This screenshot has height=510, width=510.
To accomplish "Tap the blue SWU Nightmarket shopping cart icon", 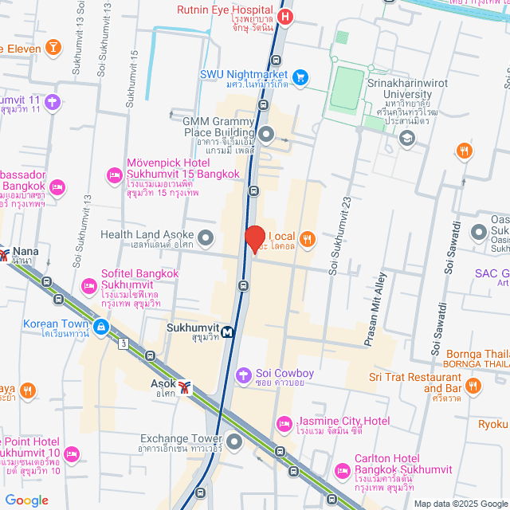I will pos(300,77).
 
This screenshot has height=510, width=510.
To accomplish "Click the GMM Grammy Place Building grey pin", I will pos(266,133).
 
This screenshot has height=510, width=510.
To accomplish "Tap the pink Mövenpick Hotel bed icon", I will pos(114,174).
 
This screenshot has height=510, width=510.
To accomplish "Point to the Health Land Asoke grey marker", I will pos(206,237).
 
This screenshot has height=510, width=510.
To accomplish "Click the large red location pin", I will pos(254,239).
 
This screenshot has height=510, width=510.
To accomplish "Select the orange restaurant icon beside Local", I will pos(306,237).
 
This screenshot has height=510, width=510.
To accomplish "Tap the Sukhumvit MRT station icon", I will pos(228,332).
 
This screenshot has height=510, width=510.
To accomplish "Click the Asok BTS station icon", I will pos(186,387).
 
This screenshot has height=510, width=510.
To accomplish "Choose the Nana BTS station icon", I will pos(5,256).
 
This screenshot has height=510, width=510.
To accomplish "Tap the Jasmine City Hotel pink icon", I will pos(283,423).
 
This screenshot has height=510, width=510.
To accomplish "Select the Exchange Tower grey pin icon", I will pos(233,441).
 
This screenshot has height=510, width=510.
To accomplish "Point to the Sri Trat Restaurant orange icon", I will pos(474,386).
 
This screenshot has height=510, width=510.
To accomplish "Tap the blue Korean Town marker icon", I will pos(101,327).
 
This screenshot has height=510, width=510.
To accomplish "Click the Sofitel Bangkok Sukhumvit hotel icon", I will pos(89,285).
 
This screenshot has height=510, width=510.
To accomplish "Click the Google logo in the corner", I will pos(25,500).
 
